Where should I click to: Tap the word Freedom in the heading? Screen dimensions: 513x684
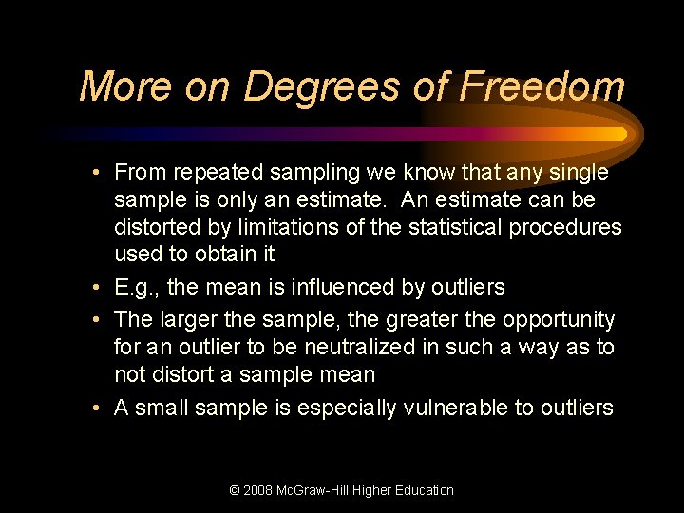click(542, 86)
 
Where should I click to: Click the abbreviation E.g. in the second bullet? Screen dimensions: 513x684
click(136, 287)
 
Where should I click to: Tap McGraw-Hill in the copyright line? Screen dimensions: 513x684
click(319, 490)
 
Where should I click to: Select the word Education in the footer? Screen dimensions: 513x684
click(424, 490)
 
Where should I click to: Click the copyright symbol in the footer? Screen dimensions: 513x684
click(235, 490)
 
